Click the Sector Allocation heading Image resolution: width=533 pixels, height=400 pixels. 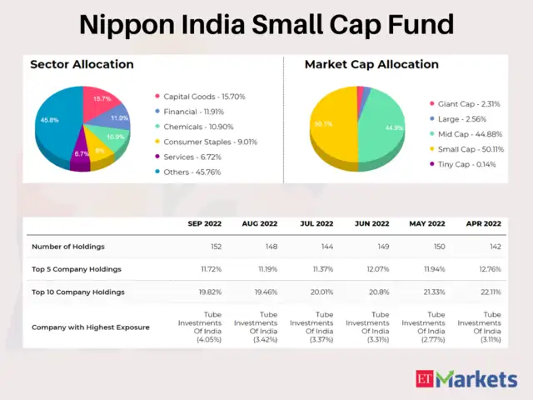click(x=82, y=64)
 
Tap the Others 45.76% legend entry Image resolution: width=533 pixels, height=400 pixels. click(x=192, y=172)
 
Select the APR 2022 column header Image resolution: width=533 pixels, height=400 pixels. click(x=483, y=223)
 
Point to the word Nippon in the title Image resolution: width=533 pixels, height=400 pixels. click(x=125, y=23)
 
